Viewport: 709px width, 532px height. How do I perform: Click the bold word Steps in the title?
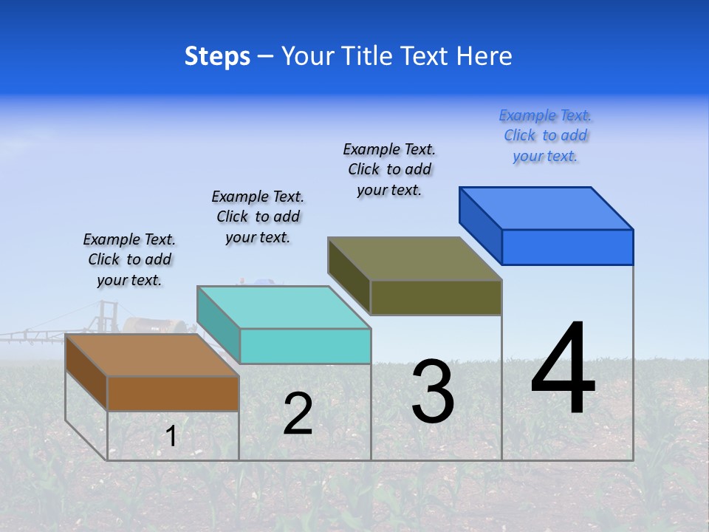point(217,56)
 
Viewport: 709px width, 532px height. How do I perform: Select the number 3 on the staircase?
point(433,392)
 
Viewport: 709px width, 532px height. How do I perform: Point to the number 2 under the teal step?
point(298,414)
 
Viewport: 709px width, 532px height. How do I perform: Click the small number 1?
point(171,436)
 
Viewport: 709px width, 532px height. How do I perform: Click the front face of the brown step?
point(173,393)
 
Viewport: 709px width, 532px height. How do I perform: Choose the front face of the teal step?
point(305,346)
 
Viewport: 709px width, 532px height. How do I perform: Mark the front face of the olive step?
point(436,297)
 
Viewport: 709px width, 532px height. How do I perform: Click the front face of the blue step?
point(567,247)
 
